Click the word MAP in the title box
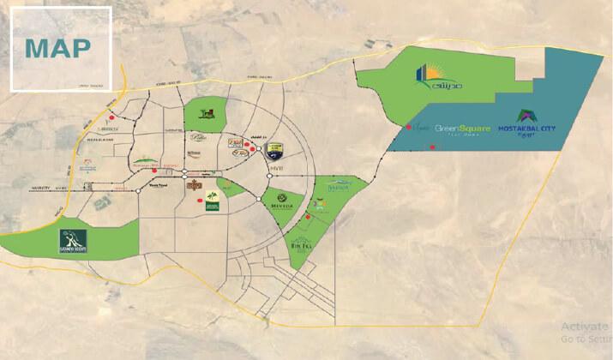click(x=57, y=48)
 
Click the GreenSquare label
click(x=462, y=129)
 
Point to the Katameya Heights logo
click(x=73, y=241)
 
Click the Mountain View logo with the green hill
click(x=146, y=160)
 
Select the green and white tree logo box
click(x=212, y=200)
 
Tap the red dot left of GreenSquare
click(x=406, y=129)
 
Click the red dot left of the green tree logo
click(x=198, y=202)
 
